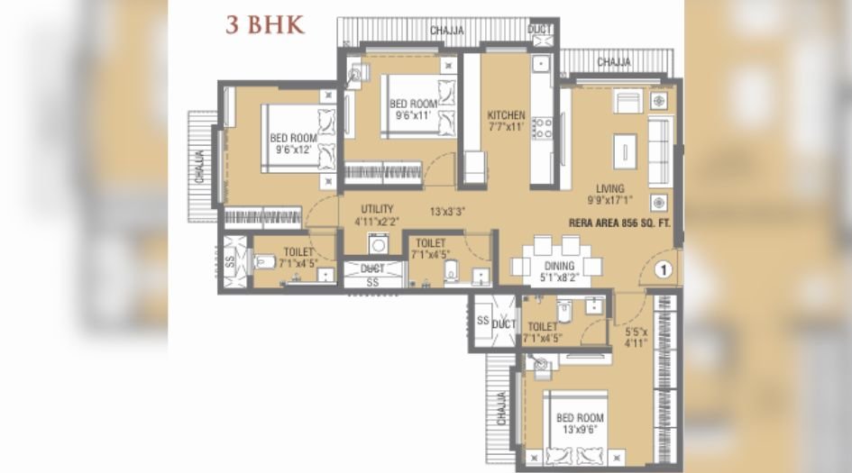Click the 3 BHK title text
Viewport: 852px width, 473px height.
(x=265, y=24)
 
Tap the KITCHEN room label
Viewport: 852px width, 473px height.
(x=506, y=122)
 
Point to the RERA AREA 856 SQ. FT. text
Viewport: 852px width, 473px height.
(x=622, y=223)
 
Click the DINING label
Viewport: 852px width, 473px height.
(x=556, y=273)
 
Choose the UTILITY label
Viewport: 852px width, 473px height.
(x=377, y=214)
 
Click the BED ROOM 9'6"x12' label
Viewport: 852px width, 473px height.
(x=290, y=144)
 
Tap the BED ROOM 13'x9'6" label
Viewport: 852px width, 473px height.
(x=579, y=423)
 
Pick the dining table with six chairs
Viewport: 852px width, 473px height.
(x=556, y=257)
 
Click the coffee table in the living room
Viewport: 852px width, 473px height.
(x=624, y=148)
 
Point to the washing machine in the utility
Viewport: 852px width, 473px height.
(x=378, y=243)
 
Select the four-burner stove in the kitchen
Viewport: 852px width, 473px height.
(x=542, y=127)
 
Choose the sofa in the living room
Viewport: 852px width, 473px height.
(x=659, y=149)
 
